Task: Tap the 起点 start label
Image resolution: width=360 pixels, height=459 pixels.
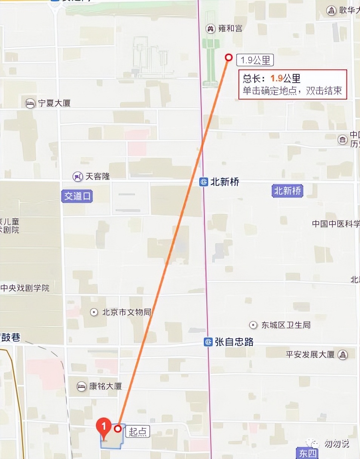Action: point(137,431)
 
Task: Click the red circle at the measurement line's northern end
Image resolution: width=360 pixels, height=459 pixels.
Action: point(228,57)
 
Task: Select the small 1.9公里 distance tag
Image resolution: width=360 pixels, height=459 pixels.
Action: point(255,60)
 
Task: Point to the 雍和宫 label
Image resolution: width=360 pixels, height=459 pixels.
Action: point(230,28)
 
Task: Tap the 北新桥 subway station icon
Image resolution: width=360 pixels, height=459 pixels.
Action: point(204,182)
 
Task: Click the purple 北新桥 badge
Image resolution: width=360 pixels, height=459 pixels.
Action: point(288,191)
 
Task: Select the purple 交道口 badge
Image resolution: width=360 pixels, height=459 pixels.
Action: point(77,196)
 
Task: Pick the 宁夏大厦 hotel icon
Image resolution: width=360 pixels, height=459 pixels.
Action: point(30,103)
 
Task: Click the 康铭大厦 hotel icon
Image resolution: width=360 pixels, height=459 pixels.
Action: point(81,386)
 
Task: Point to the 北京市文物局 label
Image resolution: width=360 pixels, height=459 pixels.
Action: point(126,312)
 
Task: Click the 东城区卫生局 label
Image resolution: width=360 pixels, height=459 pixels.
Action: point(286,325)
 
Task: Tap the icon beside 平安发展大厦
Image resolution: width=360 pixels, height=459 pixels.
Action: point(343,355)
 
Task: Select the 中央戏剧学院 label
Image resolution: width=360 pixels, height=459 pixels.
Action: point(25,288)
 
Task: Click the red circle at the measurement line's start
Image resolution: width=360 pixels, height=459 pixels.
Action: point(118,428)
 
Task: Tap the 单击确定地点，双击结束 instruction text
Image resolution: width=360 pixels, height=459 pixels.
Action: point(292,91)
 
